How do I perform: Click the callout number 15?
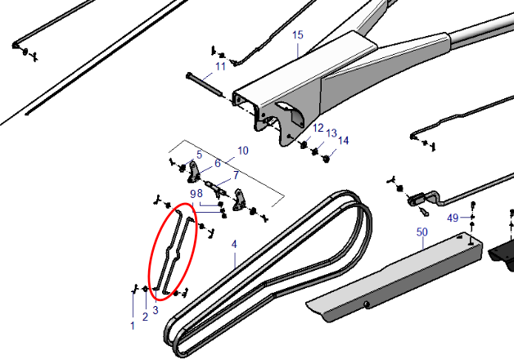[x=298, y=35]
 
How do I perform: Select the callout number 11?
[x=221, y=66]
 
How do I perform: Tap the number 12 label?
[x=318, y=128]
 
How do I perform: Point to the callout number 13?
[x=331, y=133]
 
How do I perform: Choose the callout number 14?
[x=343, y=141]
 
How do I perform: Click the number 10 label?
[x=243, y=151]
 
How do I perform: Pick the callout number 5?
[x=200, y=155]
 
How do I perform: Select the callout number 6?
[x=218, y=163]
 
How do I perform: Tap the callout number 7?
[x=236, y=175]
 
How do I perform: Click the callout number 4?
[x=234, y=244]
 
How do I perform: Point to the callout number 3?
[x=156, y=310]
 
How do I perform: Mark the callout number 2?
[x=145, y=317]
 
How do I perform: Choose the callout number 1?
[x=133, y=326]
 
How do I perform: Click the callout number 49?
[x=453, y=218]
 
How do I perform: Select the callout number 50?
[x=422, y=232]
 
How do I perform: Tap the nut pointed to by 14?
[x=326, y=160]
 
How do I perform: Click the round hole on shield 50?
[x=367, y=304]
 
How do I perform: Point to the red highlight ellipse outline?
[x=173, y=251]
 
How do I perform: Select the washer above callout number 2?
[x=145, y=289]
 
